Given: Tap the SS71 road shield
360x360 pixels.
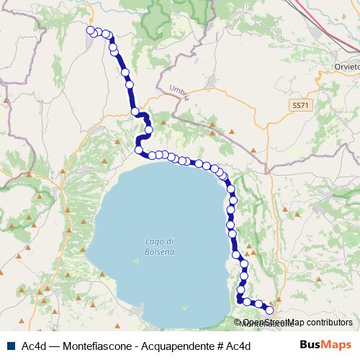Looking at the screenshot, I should [300, 105].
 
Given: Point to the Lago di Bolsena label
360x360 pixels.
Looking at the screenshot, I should [160, 246].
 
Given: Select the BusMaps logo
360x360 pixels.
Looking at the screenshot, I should [325, 346].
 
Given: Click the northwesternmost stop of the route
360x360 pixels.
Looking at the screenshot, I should [91, 30].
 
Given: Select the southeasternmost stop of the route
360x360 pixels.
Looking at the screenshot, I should [270, 310].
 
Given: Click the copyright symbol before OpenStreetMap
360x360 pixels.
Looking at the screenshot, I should [238, 323].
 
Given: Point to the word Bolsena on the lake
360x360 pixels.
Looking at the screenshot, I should [160, 253].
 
